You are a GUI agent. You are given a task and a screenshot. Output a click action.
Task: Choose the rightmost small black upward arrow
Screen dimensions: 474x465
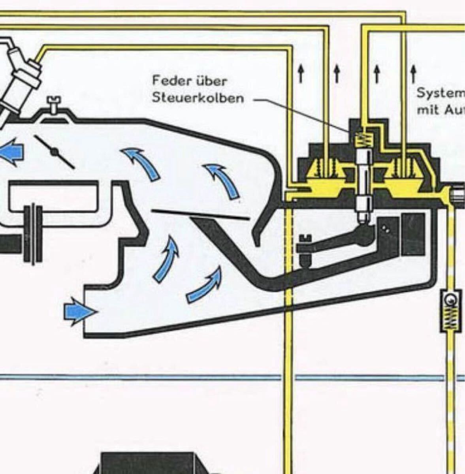click(x=413, y=73)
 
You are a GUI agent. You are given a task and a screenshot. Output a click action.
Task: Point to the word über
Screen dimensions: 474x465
click(x=211, y=81)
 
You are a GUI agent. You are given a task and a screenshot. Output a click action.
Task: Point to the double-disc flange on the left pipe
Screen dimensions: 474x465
click(x=32, y=233)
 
